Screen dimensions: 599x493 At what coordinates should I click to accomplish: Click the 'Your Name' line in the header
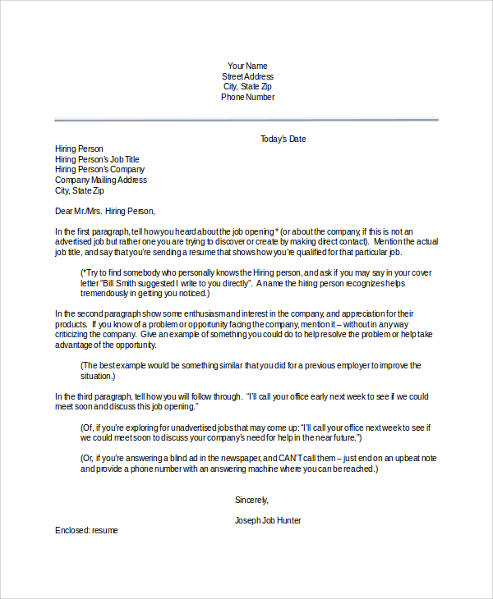247,66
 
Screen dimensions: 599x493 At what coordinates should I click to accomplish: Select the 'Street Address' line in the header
247,76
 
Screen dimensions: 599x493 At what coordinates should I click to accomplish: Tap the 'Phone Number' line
247,97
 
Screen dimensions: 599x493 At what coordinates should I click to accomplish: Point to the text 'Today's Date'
283,139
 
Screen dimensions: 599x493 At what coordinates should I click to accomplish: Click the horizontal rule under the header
246,120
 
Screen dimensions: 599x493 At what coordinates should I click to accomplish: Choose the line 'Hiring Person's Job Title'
97,159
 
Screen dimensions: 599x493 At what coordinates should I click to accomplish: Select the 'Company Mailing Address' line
101,180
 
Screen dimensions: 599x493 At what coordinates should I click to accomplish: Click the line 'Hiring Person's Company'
99,170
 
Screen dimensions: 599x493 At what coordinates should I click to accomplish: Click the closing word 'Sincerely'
251,500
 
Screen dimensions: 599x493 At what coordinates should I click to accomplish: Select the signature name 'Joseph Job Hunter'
268,520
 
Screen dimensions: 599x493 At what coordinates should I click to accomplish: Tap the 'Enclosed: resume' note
86,531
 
